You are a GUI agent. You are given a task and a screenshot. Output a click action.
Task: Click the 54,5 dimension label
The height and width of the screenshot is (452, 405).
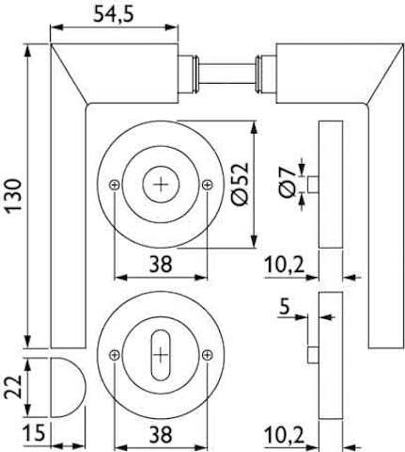click(x=114, y=15)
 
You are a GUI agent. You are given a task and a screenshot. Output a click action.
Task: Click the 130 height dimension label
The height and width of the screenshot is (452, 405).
click(x=14, y=196)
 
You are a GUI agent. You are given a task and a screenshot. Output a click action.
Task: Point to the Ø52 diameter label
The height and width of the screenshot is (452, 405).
click(x=241, y=184)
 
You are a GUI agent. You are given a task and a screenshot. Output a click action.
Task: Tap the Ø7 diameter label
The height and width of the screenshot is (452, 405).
click(x=288, y=182)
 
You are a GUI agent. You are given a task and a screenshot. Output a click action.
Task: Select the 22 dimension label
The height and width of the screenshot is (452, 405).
click(x=13, y=387)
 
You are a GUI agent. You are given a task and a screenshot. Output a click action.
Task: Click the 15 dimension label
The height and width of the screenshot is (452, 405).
click(x=34, y=432)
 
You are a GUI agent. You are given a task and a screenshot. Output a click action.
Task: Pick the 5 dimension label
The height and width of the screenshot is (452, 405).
click(x=285, y=306)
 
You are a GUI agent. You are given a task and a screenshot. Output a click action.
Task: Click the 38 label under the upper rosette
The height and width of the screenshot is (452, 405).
click(x=161, y=264)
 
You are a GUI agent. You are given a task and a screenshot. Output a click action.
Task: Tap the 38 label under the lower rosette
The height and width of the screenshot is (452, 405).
click(x=161, y=434)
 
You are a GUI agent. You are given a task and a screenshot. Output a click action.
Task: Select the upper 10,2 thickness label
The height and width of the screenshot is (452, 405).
click(x=285, y=266)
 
